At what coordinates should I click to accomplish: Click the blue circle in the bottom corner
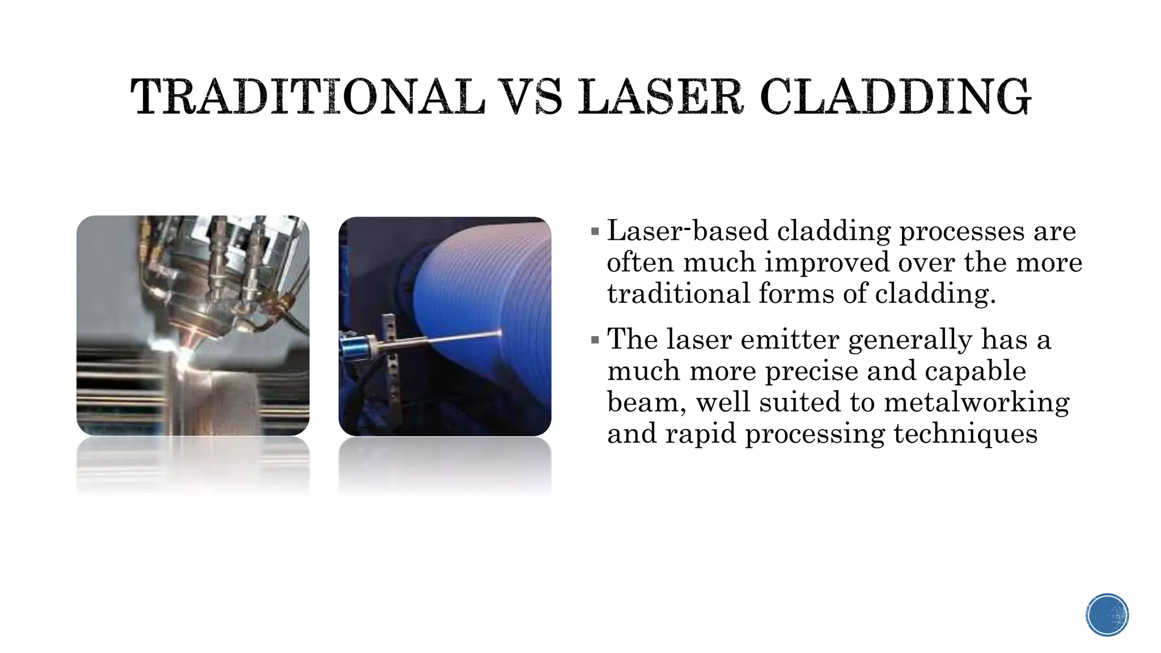pyautogui.click(x=1107, y=615)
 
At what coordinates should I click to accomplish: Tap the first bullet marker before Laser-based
pyautogui.click(x=595, y=231)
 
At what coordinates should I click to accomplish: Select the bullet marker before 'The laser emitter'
pyautogui.click(x=595, y=340)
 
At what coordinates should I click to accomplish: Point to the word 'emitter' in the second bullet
pyautogui.click(x=790, y=340)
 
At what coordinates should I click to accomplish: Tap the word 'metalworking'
pyautogui.click(x=976, y=402)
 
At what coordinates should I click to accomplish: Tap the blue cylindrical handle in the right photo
pyautogui.click(x=355, y=347)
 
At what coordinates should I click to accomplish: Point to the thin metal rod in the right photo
pyautogui.click(x=454, y=338)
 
